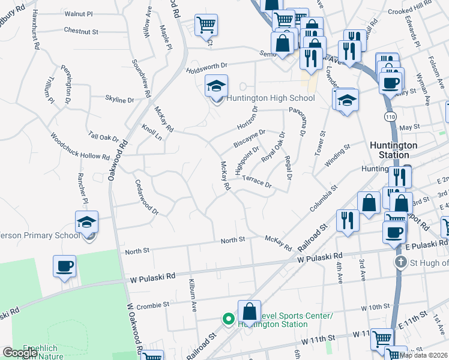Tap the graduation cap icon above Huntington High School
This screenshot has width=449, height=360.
216,86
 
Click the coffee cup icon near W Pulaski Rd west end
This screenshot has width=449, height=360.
64,265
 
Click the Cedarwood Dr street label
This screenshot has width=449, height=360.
146,198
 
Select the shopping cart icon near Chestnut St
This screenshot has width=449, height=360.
206,25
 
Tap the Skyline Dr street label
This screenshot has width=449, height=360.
120,99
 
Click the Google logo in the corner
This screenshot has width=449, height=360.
20,353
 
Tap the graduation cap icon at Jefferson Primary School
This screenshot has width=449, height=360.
87,223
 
